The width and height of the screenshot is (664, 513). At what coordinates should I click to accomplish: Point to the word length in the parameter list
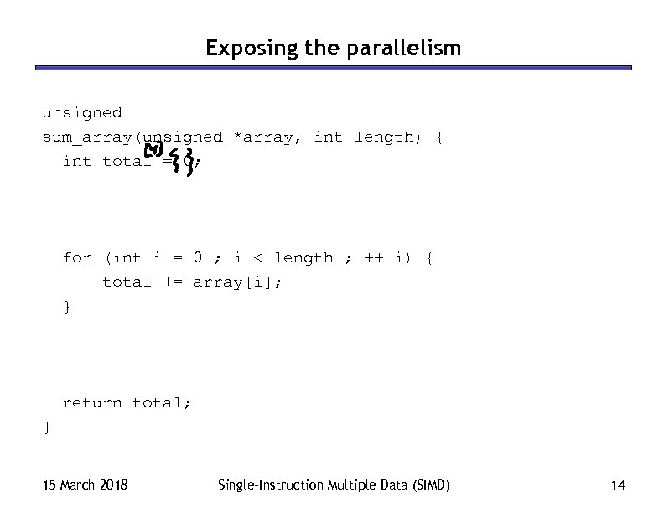tap(383, 137)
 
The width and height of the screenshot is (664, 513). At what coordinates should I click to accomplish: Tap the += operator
tap(173, 282)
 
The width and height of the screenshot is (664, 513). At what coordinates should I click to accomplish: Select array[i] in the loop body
tap(237, 282)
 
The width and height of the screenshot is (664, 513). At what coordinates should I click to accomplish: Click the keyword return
tap(92, 402)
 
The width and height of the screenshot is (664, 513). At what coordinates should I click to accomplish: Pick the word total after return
tap(162, 402)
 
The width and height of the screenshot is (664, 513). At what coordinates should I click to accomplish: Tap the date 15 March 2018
tap(86, 484)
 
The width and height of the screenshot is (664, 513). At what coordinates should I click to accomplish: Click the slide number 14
tap(619, 484)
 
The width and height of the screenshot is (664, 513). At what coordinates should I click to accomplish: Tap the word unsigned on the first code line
tap(82, 112)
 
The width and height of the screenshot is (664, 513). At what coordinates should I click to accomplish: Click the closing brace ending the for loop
tap(67, 306)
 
